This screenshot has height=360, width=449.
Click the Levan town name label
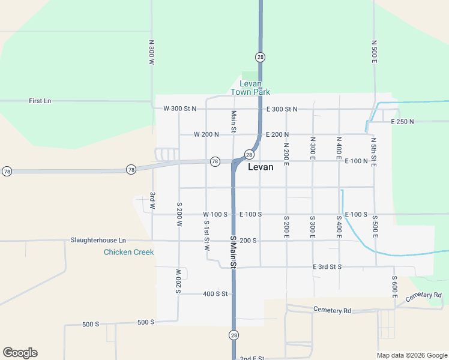click(261, 167)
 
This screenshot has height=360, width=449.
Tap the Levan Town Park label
click(250, 88)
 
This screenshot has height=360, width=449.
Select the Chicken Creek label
click(128, 252)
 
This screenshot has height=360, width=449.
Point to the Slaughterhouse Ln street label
click(98, 240)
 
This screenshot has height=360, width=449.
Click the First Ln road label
click(40, 101)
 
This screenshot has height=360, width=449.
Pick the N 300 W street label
click(152, 53)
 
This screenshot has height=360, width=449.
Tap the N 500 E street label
click(373, 52)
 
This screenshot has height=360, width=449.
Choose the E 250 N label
click(402, 122)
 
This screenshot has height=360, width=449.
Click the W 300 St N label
click(179, 109)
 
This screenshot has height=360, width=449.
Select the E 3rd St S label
click(327, 266)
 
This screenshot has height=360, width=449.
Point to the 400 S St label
click(215, 293)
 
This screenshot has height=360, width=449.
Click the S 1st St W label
click(206, 235)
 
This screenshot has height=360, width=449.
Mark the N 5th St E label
click(373, 151)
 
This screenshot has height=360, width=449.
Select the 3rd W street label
click(152, 200)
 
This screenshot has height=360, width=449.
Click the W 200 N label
click(207, 134)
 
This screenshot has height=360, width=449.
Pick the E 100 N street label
click(356, 161)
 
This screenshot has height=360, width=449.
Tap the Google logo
click(20, 353)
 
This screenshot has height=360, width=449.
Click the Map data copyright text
click(411, 355)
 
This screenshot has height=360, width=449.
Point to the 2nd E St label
click(252, 358)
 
